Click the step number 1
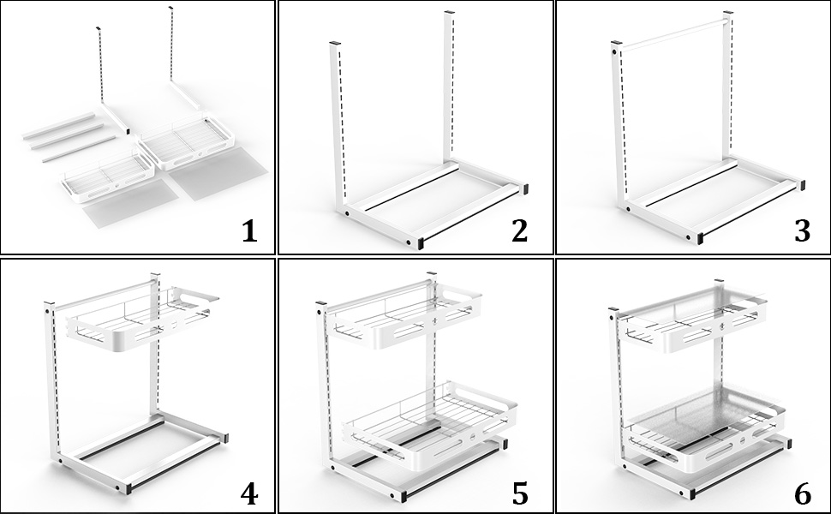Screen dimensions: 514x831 pos(249,231)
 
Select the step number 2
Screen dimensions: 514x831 pos(519,231)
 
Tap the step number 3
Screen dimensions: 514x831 pos(801,231)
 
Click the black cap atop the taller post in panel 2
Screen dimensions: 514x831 pos(447,12)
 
